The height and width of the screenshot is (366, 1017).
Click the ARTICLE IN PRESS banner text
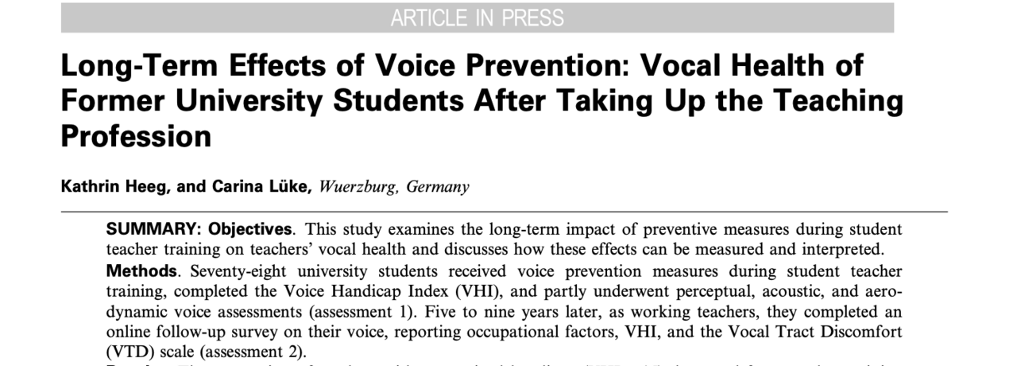point(477,18)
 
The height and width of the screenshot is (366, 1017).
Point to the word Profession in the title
point(136,137)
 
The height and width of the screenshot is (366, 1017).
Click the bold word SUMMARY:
point(154,229)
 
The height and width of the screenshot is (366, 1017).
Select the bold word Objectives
point(250,229)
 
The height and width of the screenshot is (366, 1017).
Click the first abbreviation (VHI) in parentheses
point(485,291)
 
